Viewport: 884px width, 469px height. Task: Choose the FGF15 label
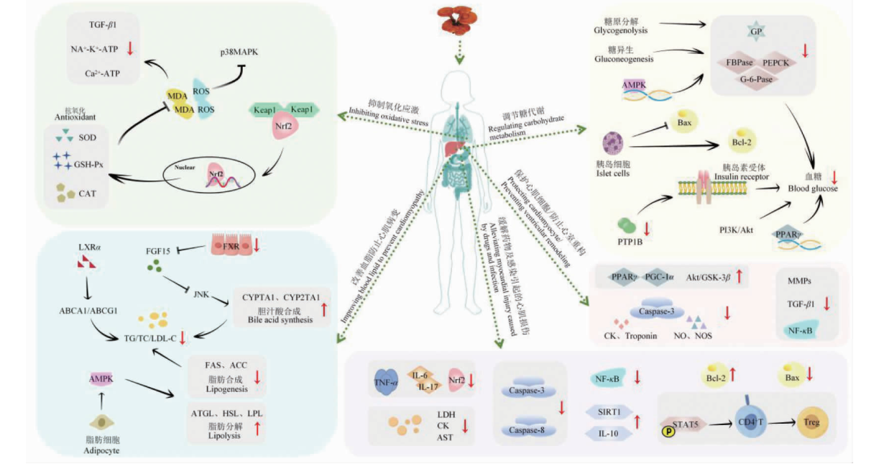[x=160, y=252]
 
